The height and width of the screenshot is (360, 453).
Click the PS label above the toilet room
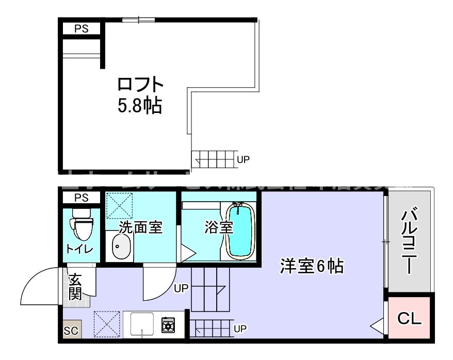pos(81,198)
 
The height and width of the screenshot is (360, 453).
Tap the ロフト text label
pos(140,85)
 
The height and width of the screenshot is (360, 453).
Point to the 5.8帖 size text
pos(140,106)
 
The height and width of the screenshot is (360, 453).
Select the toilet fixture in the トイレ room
pos(81,224)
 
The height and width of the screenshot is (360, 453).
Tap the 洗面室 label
pos(141,227)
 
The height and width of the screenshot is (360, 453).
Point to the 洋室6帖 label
pos(312,267)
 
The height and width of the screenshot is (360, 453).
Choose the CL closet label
pos(410,319)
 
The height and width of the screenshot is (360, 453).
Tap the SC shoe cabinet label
pos(71,331)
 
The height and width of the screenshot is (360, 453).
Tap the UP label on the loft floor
pos(243,159)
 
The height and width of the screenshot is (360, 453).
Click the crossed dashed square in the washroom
pos(119,205)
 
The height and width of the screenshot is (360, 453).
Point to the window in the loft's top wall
pos(138,20)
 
